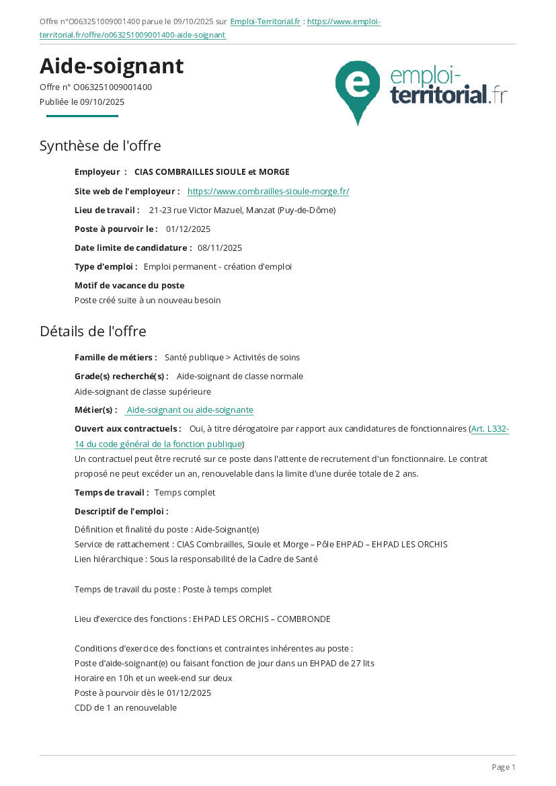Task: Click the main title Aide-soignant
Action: point(112,66)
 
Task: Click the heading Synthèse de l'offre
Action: point(100,146)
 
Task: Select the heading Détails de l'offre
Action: point(93,331)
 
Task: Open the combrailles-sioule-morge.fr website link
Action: point(268,192)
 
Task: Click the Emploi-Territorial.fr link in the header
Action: point(265,22)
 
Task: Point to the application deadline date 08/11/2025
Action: point(220,248)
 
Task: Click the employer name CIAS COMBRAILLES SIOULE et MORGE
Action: point(212,172)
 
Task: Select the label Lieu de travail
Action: point(107,210)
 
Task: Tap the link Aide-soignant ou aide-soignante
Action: point(190,410)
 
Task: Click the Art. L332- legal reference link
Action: point(489,429)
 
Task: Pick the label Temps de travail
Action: point(112,493)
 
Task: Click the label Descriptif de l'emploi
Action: point(121,512)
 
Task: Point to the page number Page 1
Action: point(504,767)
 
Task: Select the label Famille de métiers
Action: point(116,358)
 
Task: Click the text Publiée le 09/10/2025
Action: point(82,102)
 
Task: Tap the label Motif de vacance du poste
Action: point(129,286)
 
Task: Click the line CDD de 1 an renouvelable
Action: point(126,708)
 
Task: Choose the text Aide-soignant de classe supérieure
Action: point(143,392)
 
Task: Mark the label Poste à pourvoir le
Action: point(116,229)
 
